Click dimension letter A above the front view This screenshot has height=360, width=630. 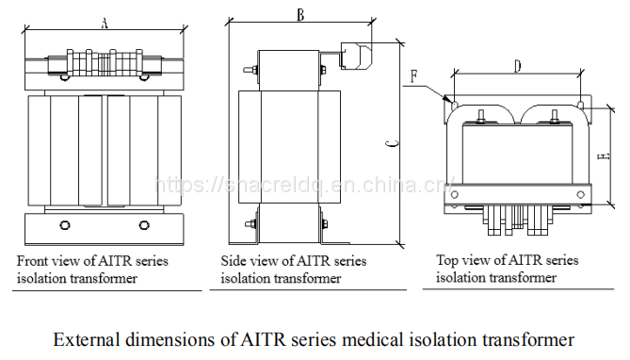coord(105,24)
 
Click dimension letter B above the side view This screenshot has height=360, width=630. coord(300,15)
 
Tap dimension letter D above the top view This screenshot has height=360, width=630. coord(518,66)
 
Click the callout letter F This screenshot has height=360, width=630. coord(413,76)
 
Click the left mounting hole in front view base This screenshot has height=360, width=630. coord(65,225)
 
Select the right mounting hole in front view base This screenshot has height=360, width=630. coord(144,225)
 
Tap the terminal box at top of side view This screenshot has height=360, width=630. coord(356,56)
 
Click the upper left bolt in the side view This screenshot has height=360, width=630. coord(251,70)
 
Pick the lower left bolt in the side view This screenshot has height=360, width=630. coord(251,224)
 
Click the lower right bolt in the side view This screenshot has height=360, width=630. coord(323,224)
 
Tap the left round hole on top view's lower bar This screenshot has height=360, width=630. coord(455,195)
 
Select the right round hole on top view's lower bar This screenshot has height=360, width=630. coord(580,195)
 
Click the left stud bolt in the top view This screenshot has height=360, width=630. coord(480,117)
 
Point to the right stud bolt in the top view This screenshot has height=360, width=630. coord(555,117)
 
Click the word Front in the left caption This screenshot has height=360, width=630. coord(30,261)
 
